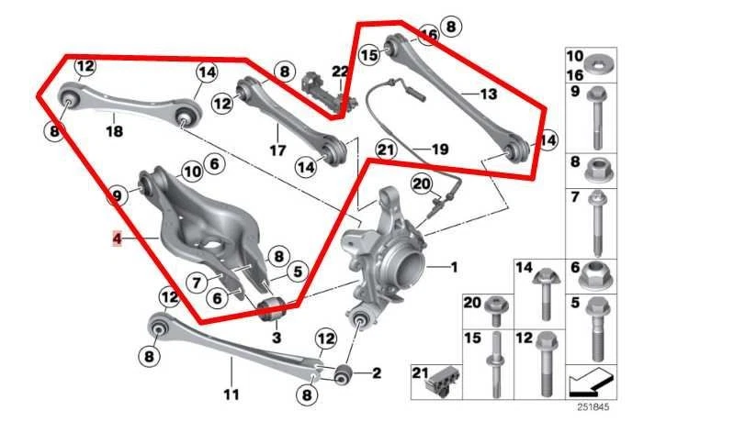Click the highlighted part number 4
[x=117, y=239]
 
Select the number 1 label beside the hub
[x=452, y=267]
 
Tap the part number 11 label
[x=231, y=395]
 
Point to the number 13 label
[x=487, y=94]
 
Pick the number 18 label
[x=114, y=131]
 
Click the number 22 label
[x=340, y=72]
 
